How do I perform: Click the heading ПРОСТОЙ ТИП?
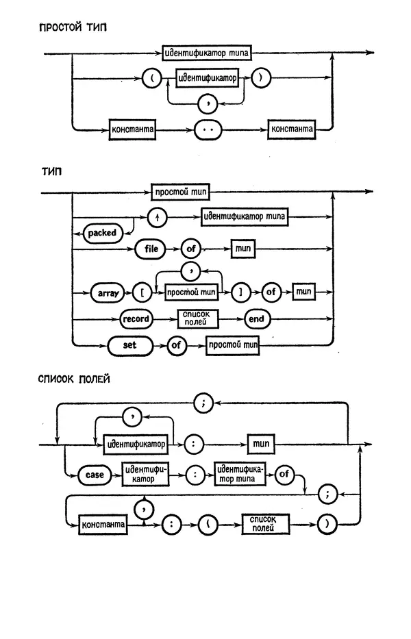click(73, 28)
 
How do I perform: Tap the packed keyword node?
click(101, 233)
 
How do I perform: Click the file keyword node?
click(151, 249)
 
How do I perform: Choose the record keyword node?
click(136, 319)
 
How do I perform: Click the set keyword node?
click(130, 345)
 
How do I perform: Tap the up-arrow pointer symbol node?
click(158, 218)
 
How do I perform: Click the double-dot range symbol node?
click(210, 128)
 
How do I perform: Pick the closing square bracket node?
click(241, 292)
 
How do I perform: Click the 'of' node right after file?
click(190, 249)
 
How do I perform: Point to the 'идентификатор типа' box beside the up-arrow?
click(245, 218)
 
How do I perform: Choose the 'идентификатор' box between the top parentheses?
click(207, 79)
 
